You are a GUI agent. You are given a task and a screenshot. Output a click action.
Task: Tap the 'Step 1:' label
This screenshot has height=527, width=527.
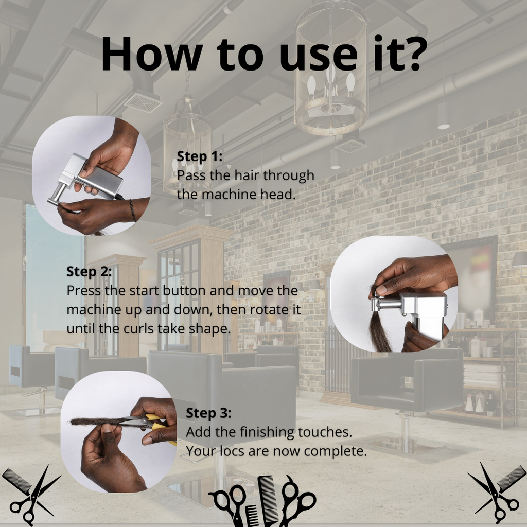[200, 156]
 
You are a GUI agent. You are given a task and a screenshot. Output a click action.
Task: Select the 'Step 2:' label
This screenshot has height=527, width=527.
[89, 271]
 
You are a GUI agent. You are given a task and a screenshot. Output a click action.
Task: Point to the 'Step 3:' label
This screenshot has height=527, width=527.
[208, 413]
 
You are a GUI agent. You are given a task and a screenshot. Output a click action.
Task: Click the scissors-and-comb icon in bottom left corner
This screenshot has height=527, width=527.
[31, 494]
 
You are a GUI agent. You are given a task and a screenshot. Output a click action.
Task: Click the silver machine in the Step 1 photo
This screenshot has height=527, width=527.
[93, 178]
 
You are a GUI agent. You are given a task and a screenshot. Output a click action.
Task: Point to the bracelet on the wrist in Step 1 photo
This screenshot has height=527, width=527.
[132, 210]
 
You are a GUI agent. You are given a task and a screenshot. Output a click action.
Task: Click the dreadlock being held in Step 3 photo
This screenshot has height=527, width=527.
[98, 421]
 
